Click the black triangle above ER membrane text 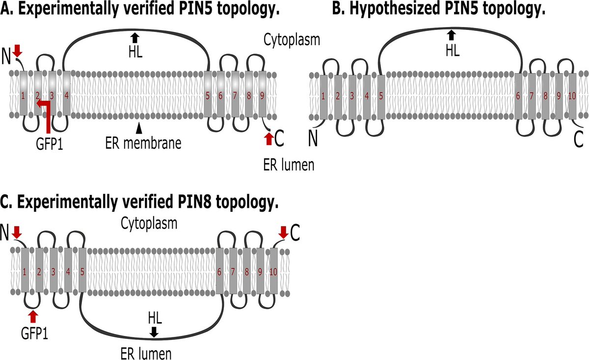click(x=140, y=127)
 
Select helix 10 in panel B click(x=571, y=96)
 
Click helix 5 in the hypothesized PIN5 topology click(x=381, y=96)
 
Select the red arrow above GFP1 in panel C click(x=33, y=315)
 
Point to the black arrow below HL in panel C click(x=154, y=332)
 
